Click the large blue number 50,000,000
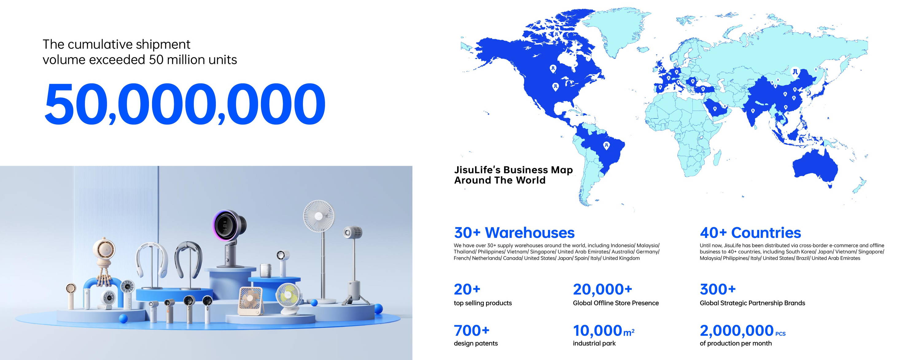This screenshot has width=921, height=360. pyautogui.click(x=185, y=104)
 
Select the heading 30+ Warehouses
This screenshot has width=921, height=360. pyautogui.click(x=514, y=233)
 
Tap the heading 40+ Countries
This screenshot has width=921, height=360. pyautogui.click(x=750, y=233)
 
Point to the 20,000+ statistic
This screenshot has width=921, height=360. pyautogui.click(x=602, y=289)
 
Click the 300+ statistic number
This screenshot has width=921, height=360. pyautogui.click(x=717, y=289)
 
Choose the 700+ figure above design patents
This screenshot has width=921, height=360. pyautogui.click(x=472, y=331)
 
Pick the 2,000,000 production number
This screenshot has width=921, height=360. pyautogui.click(x=736, y=331)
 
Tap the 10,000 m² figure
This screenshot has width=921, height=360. pyautogui.click(x=604, y=331)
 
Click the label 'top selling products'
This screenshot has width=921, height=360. pyautogui.click(x=483, y=303)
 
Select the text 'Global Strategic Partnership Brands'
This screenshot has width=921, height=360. pyautogui.click(x=752, y=303)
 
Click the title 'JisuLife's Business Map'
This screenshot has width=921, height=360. pyautogui.click(x=513, y=170)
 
